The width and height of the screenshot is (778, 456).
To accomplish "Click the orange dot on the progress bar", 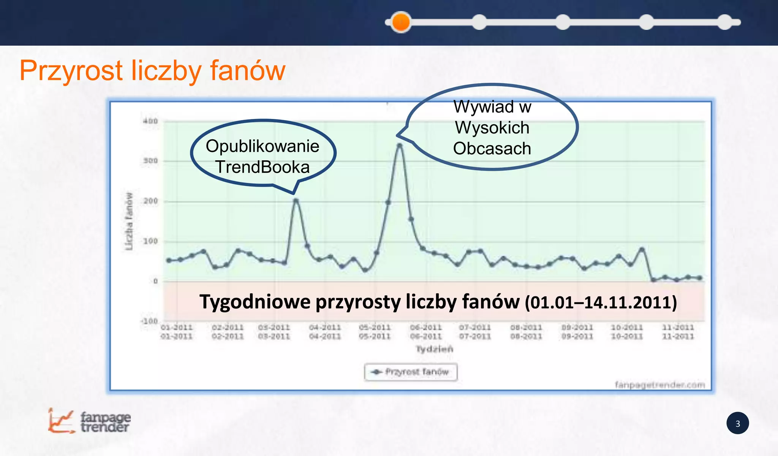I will (x=401, y=22).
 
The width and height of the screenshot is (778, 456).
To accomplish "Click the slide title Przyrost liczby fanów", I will (x=152, y=71).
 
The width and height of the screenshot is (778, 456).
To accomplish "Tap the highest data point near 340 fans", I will (x=399, y=145).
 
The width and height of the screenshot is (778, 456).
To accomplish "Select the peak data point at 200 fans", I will (x=296, y=201).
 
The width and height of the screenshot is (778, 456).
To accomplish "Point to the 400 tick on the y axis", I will (x=150, y=121).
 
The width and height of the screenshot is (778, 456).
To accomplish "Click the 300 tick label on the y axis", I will (x=150, y=161).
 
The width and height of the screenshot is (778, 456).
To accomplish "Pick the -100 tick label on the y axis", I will (x=149, y=321).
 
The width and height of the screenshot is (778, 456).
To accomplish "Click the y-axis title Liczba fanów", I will (x=130, y=221).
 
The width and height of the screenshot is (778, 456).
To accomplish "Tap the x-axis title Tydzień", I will (x=434, y=349).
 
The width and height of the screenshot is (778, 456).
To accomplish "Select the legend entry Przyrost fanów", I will (x=411, y=372).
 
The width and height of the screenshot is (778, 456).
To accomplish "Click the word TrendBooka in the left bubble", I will (x=262, y=167).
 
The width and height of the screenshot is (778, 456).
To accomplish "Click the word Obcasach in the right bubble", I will (x=492, y=149).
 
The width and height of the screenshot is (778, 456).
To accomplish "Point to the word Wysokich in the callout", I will (x=492, y=128).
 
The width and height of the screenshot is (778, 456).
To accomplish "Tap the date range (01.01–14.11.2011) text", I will (x=601, y=303).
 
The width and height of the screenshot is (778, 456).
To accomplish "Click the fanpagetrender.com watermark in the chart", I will (x=660, y=385).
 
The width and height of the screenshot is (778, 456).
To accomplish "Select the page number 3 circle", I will (x=737, y=423).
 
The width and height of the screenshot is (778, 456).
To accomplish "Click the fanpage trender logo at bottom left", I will (x=90, y=421).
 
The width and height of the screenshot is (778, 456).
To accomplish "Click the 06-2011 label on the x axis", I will (x=426, y=331).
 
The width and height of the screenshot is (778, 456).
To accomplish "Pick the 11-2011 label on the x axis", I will (x=678, y=331).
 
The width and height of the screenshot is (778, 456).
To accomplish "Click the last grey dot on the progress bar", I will (x=725, y=22).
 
